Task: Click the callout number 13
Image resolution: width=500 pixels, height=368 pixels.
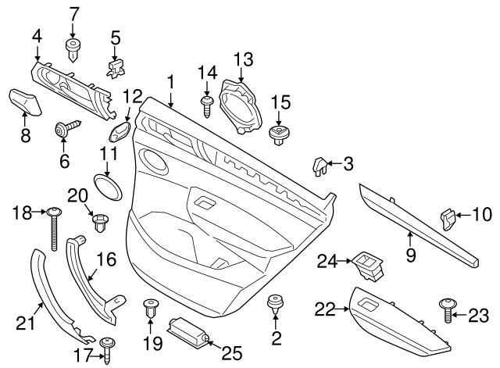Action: click(x=244, y=59)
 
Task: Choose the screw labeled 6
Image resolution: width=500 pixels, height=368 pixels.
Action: click(x=65, y=130)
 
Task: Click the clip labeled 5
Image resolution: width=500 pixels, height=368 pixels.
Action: click(x=115, y=69)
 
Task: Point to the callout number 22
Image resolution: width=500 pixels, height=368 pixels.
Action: click(x=324, y=310)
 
